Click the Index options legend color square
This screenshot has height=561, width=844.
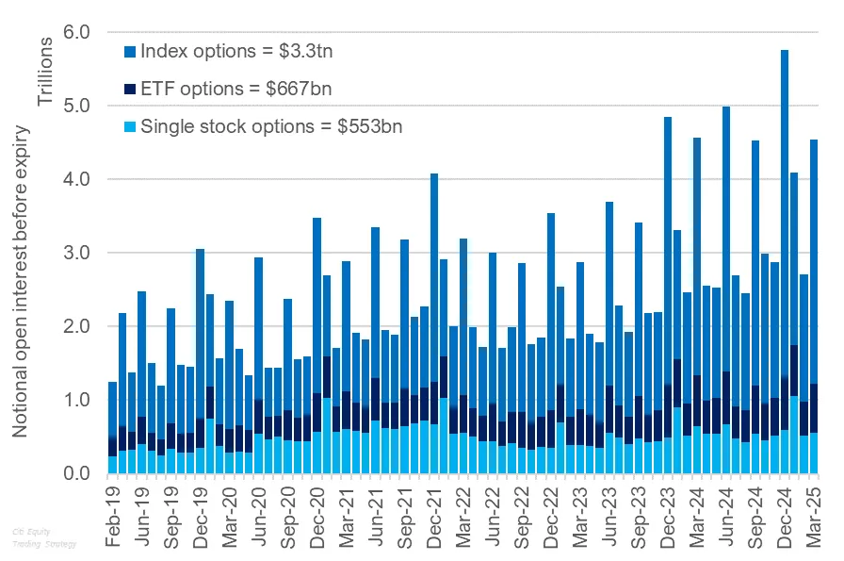[x=131, y=51]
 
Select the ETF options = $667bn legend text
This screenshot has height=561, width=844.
[x=235, y=89]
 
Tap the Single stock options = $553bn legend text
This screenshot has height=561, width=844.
[x=271, y=125]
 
